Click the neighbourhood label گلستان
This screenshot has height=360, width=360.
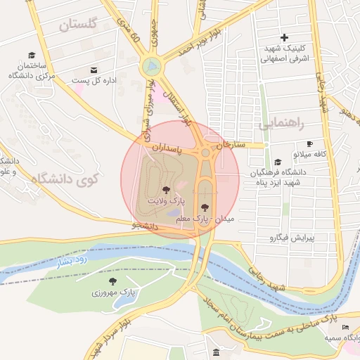(77, 25)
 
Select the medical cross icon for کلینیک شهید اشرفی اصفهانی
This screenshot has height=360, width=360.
(284, 37)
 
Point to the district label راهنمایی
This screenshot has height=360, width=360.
(281, 124)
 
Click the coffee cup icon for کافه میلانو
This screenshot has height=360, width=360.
(309, 143)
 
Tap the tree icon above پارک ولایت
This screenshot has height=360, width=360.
(166, 190)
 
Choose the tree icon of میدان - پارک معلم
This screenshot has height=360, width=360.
(205, 207)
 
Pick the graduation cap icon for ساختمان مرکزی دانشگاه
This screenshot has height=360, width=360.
(31, 55)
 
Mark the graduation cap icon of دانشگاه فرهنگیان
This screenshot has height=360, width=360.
(278, 162)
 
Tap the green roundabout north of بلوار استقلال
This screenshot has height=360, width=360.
(150, 67)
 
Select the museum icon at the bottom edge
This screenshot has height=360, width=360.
(215, 352)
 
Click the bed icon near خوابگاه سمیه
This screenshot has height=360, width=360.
(345, 328)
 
